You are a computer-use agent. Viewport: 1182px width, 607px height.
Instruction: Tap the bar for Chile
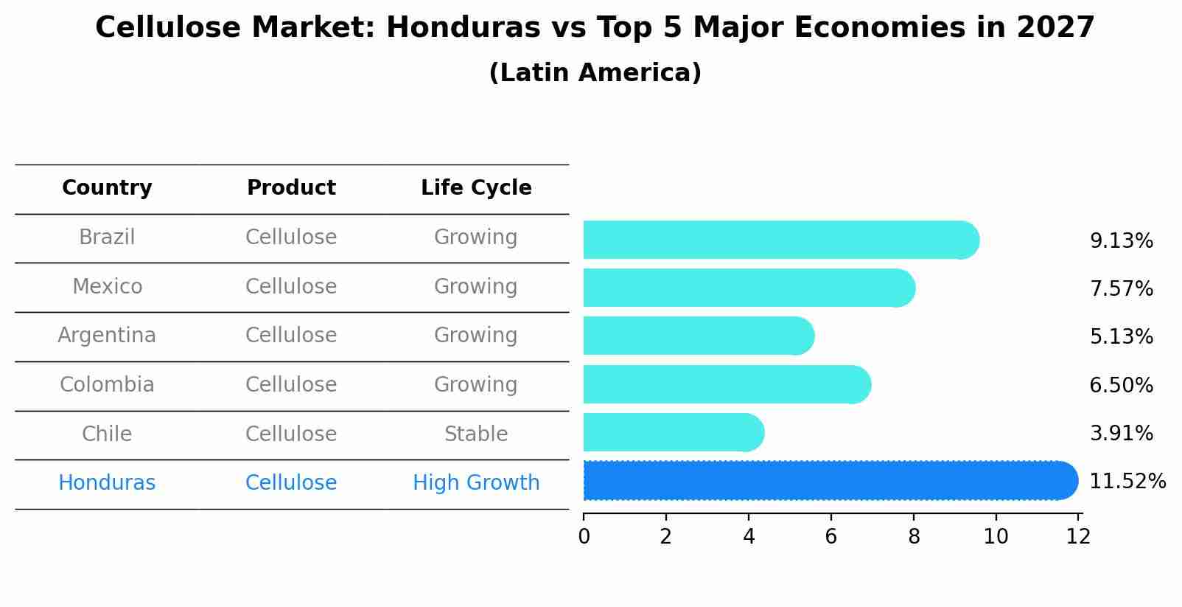coord(672,432)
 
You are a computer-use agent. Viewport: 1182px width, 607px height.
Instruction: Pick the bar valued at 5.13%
coord(697,336)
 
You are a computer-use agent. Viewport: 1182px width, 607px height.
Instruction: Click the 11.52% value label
coord(1127,482)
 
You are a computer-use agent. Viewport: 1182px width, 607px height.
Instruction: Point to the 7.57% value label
coord(1121,288)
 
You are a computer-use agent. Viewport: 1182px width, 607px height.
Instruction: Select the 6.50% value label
coord(1121,385)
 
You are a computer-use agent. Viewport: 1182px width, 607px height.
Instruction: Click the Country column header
coord(107,188)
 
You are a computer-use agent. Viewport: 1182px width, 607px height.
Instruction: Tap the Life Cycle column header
coord(476,188)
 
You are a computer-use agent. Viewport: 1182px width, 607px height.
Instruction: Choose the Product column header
coord(291,188)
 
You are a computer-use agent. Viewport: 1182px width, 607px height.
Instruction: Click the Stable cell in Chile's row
coord(476,434)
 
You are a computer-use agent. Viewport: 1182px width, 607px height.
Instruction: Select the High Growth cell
coord(476,483)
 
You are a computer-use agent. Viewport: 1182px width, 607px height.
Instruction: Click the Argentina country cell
coord(107,336)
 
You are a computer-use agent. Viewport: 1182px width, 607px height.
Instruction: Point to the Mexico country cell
coord(107,286)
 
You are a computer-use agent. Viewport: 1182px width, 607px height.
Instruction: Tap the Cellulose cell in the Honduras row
coord(291,483)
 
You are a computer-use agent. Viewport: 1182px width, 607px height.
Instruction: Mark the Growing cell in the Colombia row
coord(476,385)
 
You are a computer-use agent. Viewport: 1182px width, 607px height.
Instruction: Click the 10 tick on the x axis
coord(996,537)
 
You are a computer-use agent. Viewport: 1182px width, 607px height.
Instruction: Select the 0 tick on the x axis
coord(584,537)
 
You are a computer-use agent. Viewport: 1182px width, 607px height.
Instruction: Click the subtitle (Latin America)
coord(595,73)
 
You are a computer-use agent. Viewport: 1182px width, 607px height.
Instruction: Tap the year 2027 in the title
coord(1055,28)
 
